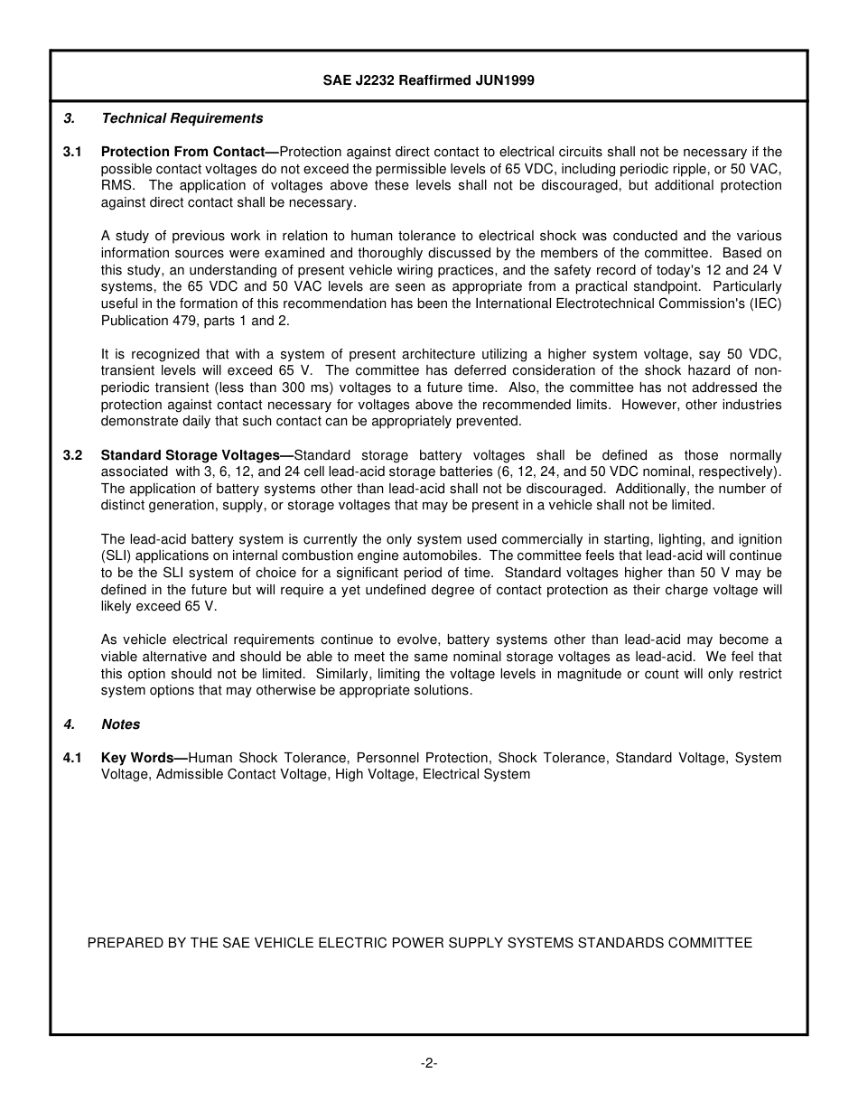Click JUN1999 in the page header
click(x=506, y=80)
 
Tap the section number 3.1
click(x=72, y=152)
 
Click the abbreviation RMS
click(x=117, y=185)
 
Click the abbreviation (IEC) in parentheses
click(x=765, y=303)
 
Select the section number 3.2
click(x=72, y=455)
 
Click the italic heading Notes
click(x=120, y=724)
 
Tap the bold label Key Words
click(x=137, y=758)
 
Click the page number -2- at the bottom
click(x=428, y=1064)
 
